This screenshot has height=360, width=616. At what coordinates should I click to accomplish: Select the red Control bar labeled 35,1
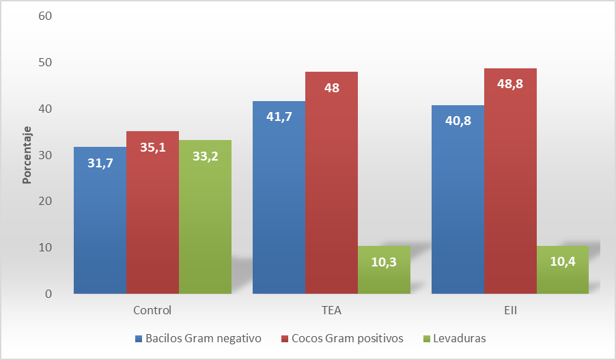152,212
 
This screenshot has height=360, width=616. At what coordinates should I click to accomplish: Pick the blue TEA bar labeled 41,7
279,197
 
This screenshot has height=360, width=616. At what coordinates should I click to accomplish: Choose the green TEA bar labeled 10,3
384,270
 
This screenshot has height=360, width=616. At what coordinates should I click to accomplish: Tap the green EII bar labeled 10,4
563,270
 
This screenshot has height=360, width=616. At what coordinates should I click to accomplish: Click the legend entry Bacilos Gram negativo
202,338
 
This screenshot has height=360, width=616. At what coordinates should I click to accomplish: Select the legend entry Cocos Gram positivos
347,338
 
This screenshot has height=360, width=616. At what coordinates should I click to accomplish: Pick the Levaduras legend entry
460,338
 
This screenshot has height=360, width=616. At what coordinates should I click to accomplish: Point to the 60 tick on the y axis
46,16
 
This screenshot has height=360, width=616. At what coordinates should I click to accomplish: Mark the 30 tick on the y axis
46,155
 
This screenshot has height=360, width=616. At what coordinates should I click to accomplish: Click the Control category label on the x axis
152,310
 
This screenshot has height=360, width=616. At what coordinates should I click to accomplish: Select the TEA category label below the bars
331,310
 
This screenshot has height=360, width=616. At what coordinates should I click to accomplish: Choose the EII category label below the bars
510,310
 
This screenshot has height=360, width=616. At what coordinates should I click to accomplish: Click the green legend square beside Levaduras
428,339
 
